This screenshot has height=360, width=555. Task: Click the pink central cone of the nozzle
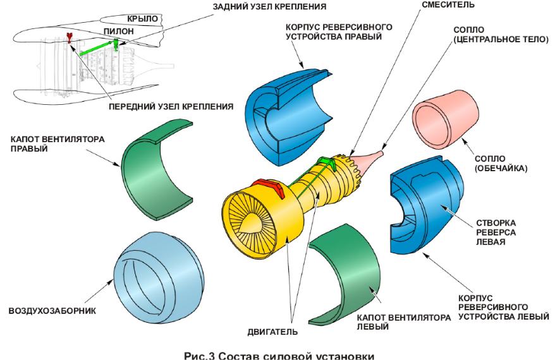point(370,157)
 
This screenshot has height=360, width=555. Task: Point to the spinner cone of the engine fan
point(252,221)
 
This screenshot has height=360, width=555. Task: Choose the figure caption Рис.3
point(279,354)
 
